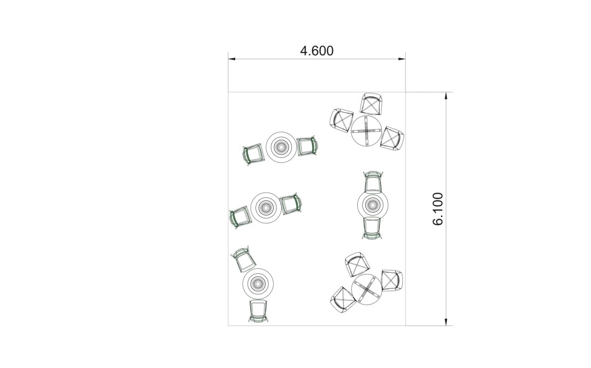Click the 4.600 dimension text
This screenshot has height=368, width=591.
tap(317, 51)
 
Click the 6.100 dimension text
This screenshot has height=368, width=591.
tap(438, 209)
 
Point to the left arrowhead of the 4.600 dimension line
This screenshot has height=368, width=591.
tap(232, 59)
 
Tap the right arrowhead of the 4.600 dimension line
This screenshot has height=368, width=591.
tap(402, 59)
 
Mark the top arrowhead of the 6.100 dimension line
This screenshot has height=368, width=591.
tap(446, 96)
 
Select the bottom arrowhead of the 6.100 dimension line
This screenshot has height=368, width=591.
tap(446, 322)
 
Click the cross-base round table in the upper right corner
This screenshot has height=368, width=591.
tap(367, 131)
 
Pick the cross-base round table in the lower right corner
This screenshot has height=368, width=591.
tap(367, 290)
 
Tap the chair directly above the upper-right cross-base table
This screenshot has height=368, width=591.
tap(371, 103)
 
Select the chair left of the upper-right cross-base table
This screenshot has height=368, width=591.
tap(341, 121)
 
